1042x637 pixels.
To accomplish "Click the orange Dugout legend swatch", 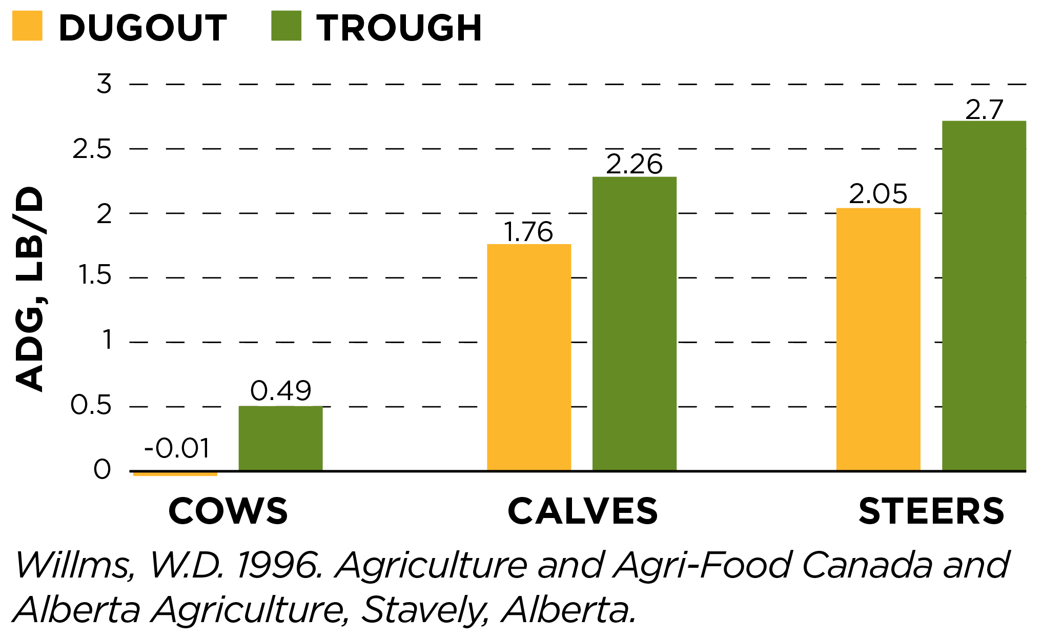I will pos(27,26).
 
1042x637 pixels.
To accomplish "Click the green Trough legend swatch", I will pos(286,26).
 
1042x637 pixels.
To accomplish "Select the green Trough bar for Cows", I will pos(280,438).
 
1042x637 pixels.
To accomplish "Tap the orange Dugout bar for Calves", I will pos(528,357).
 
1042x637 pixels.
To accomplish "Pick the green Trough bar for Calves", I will pos(634,323).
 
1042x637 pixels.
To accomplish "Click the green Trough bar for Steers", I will pos(984,295).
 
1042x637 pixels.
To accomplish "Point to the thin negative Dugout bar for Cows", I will pos(175,473).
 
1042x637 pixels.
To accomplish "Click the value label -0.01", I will pos(177,448).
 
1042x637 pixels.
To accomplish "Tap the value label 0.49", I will pos(280,391).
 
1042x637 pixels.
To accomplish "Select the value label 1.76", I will pos(528,232).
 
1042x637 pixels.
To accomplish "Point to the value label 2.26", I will pos(634,164).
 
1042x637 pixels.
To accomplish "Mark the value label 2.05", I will pos(878,194).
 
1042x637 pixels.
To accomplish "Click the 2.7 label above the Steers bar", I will pos(984,110).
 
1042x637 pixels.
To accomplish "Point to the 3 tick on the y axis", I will pos(104,84).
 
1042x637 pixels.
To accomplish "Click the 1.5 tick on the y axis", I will pos(95,276).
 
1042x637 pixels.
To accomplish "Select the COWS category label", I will pos(228,511).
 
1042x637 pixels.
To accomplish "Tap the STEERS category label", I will pos(931,511).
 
